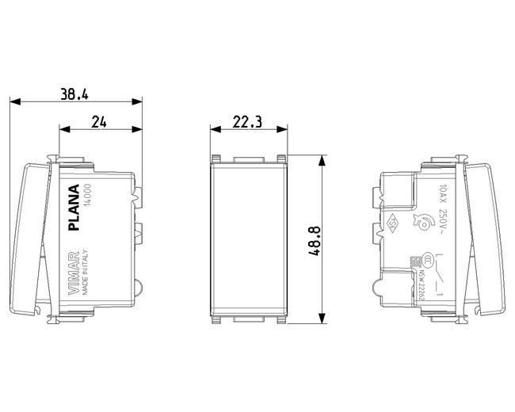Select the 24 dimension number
pyautogui.click(x=99, y=120)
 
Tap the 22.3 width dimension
pyautogui.click(x=247, y=120)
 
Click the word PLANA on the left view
pyautogui.click(x=75, y=208)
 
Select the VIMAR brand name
pyautogui.click(x=75, y=273)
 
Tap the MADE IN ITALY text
pyautogui.click(x=88, y=273)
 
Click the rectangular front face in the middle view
pyautogui.click(x=247, y=239)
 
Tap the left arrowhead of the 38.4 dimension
pyautogui.click(x=13, y=101)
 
